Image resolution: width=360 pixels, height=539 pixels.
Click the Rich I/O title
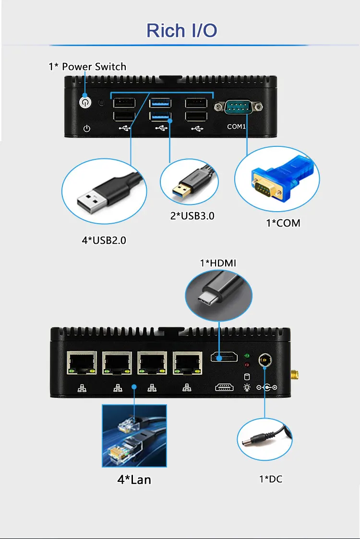[x=181, y=30]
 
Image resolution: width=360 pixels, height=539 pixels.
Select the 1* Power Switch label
[x=87, y=67]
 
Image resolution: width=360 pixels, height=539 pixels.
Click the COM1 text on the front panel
[x=236, y=127]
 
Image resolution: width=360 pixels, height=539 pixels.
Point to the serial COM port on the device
[x=239, y=107]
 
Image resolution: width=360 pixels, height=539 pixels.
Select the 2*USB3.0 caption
[x=192, y=216]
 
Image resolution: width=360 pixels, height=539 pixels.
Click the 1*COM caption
[x=283, y=223]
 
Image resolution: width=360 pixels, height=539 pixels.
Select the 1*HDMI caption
[x=218, y=263]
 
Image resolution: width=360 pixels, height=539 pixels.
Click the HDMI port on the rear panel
[x=224, y=358]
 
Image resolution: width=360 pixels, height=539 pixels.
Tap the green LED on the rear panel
[x=247, y=356]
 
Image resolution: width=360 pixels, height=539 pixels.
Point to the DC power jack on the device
[x=264, y=359]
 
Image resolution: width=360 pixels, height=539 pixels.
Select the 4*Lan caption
[x=134, y=479]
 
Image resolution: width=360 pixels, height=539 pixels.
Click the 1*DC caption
[x=271, y=479]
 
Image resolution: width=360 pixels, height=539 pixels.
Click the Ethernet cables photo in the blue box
[x=134, y=436]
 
